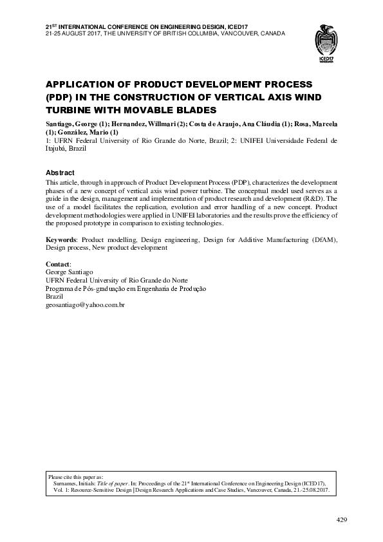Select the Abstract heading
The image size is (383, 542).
click(60, 173)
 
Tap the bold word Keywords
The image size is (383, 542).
click(61, 239)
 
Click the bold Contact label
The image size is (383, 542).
click(59, 265)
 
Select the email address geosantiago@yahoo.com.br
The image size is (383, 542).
click(85, 304)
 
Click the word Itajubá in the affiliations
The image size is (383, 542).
click(57, 147)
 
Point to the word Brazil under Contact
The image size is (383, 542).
click(55, 297)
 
